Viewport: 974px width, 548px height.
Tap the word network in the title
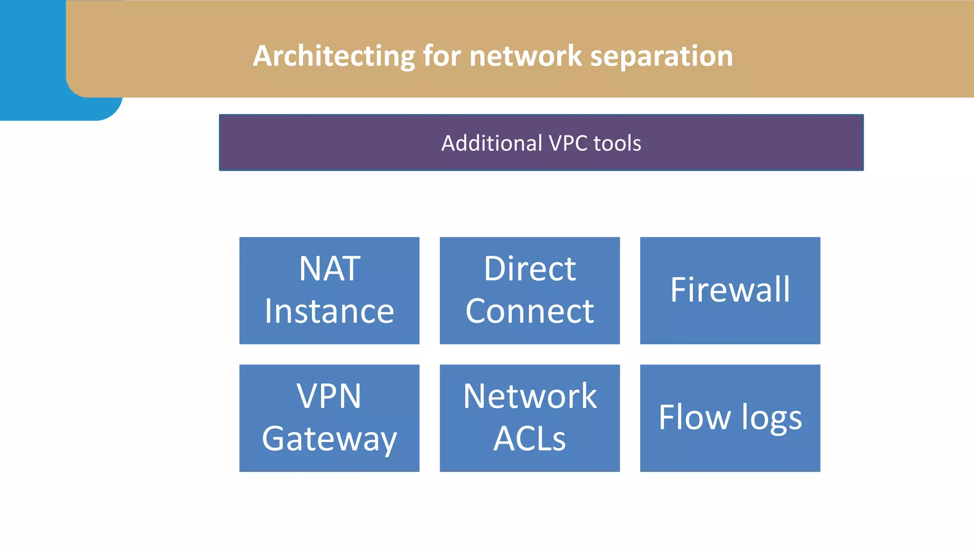point(526,56)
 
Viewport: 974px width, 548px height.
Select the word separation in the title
point(662,56)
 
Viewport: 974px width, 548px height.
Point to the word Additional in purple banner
point(492,143)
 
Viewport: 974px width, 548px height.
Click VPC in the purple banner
point(568,143)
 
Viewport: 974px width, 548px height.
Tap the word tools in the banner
point(617,143)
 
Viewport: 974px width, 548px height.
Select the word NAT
point(330,269)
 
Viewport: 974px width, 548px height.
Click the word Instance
point(330,311)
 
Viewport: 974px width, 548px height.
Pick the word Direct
point(530,269)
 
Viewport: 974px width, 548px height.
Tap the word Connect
point(530,311)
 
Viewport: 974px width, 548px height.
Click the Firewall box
point(730,290)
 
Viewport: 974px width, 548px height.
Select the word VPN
point(329,396)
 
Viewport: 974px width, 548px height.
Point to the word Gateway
point(329,439)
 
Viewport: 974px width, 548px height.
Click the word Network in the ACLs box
point(530,396)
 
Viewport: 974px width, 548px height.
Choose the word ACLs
point(530,439)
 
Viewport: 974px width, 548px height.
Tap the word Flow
point(694,417)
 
